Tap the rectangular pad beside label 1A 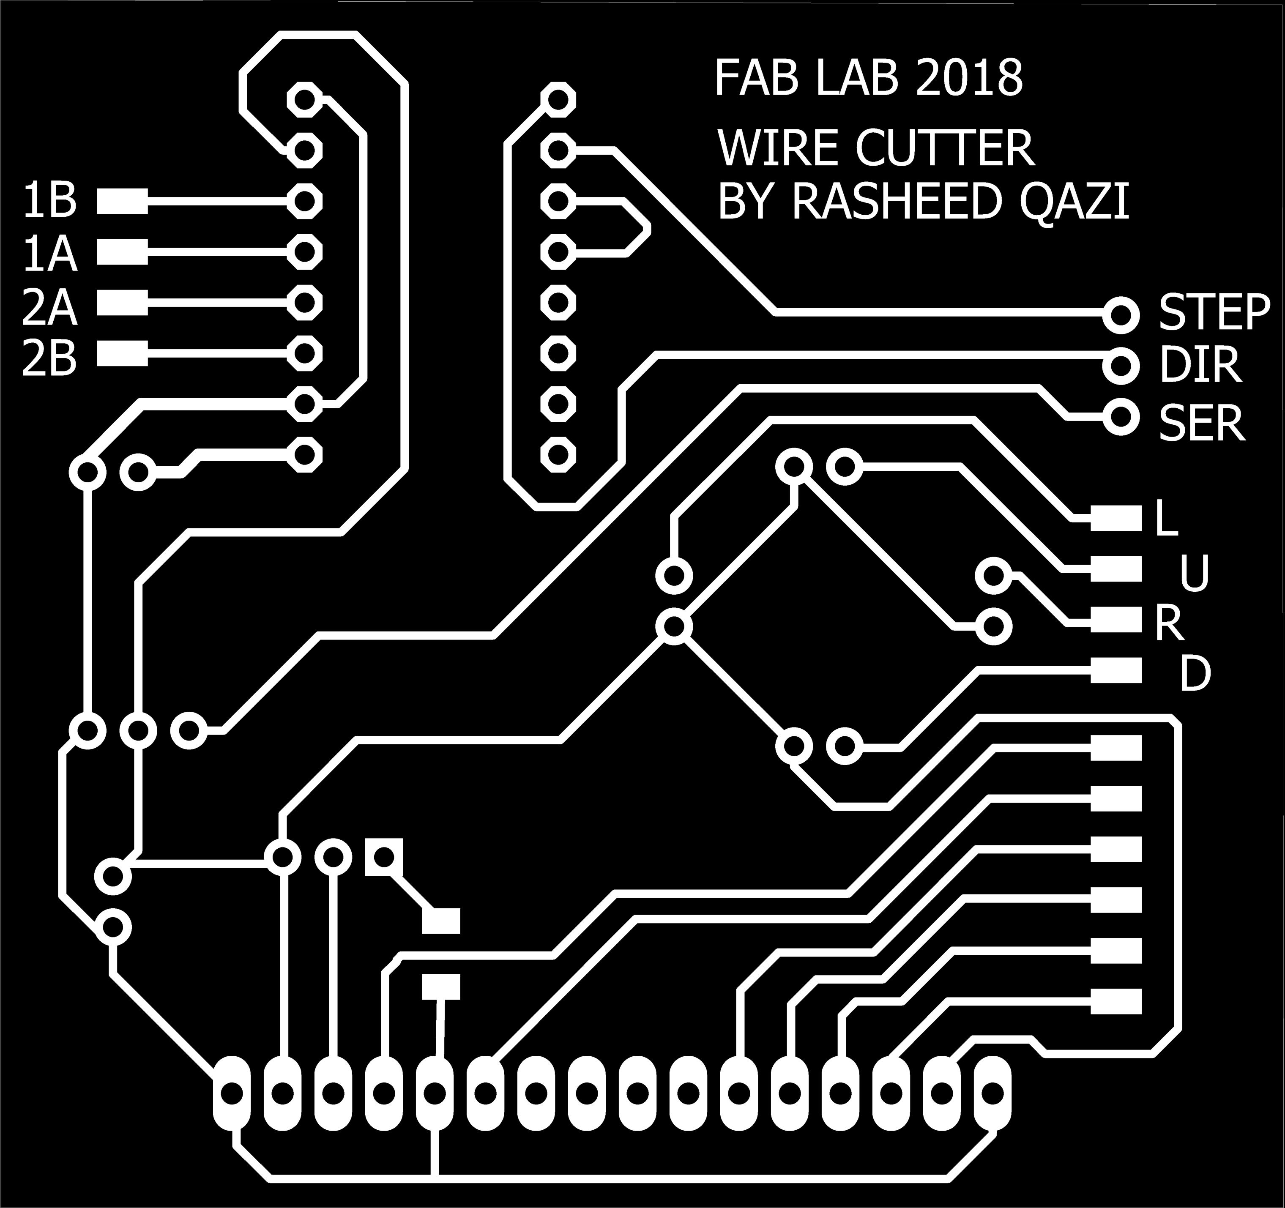(x=122, y=252)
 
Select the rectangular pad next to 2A (x=122, y=303)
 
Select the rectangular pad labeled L (x=1115, y=518)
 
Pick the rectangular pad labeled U (x=1115, y=569)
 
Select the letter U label (x=1193, y=574)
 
